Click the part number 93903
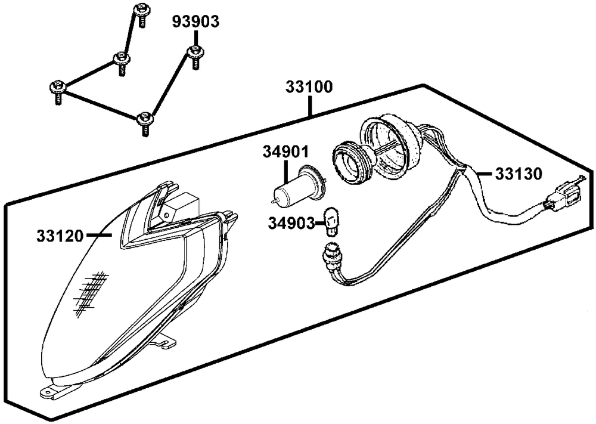(196, 21)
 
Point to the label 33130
(518, 174)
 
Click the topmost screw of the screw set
(142, 12)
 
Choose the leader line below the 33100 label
(310, 107)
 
